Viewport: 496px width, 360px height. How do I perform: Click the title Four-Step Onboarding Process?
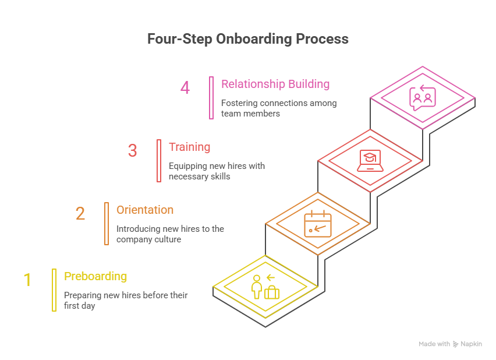pos(247,39)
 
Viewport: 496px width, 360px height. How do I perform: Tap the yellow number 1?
pos(27,280)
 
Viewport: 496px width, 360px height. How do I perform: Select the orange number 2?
pos(80,214)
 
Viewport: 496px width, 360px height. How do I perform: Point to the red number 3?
pos(132,151)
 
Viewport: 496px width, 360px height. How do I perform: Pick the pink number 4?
pos(185,88)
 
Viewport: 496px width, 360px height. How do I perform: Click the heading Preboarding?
pos(95,276)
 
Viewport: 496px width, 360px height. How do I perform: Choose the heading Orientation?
pos(145,210)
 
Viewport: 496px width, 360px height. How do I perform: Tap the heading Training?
pos(190,147)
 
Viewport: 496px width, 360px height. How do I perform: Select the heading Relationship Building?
pos(275,84)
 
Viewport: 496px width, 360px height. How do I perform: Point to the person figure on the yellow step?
pos(256,287)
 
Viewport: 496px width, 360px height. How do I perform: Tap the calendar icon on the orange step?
pos(318,224)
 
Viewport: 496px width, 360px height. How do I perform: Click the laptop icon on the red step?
pos(370,161)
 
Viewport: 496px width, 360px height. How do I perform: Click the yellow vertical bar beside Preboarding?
pos(54,290)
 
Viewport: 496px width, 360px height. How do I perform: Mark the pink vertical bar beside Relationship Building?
pos(211,97)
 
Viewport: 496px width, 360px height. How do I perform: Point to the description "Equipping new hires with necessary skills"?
pos(217,171)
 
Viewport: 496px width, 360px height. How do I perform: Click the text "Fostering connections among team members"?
pos(278,108)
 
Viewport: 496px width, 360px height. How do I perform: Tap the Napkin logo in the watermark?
pos(456,344)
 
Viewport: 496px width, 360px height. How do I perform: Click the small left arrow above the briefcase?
pos(270,278)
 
